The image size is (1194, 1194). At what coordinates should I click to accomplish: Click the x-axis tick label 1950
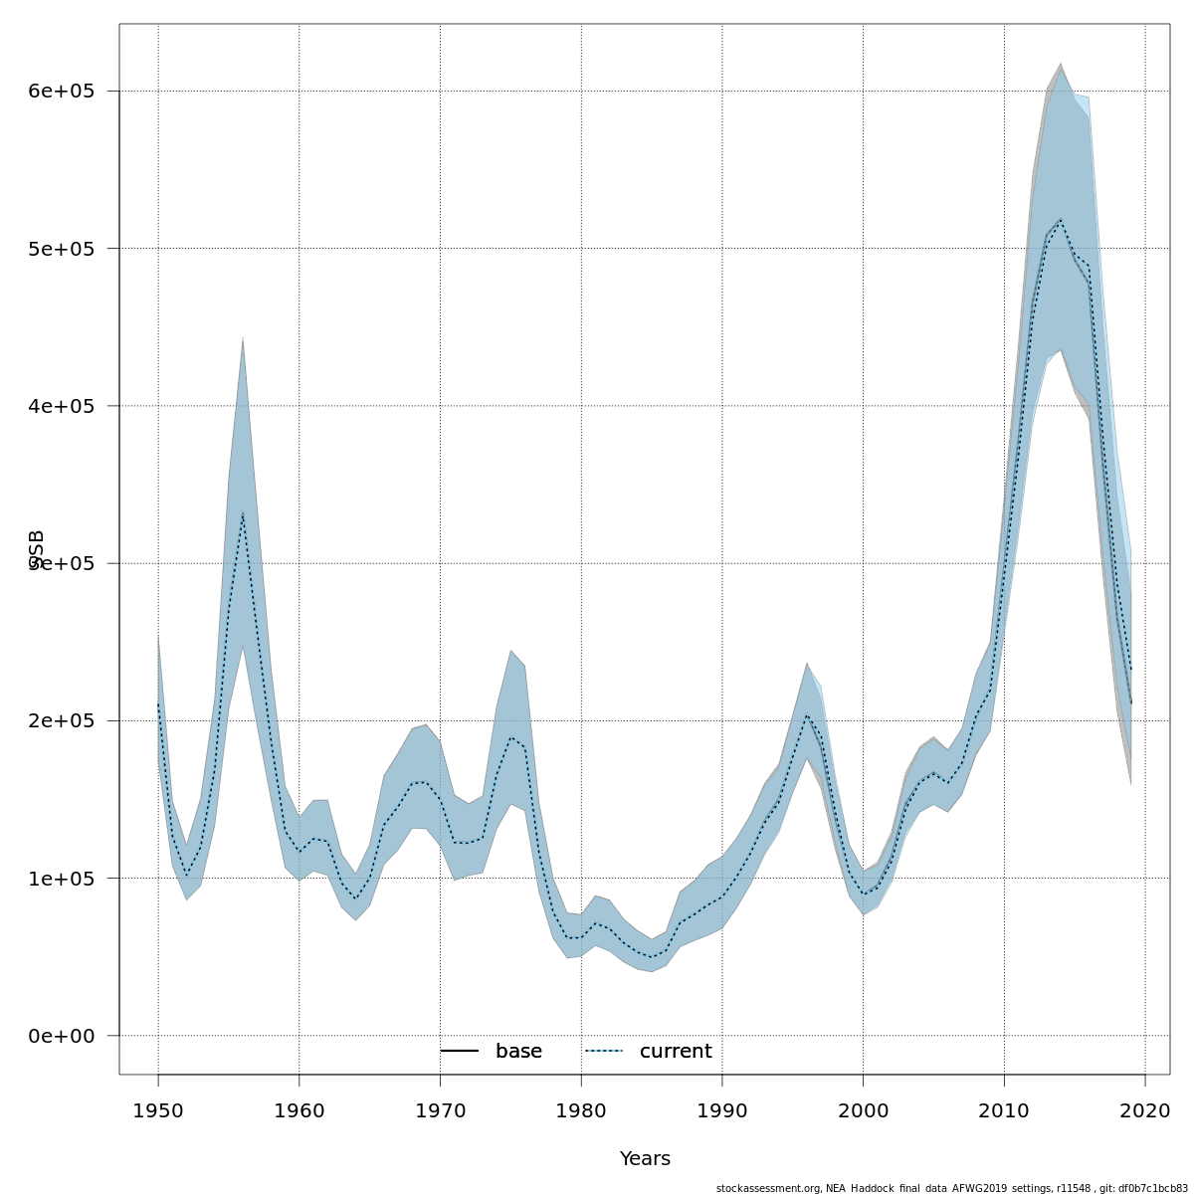tap(158, 1110)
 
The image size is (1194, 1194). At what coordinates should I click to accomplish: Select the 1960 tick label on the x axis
tap(299, 1110)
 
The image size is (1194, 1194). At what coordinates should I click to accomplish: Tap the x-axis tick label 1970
tap(440, 1110)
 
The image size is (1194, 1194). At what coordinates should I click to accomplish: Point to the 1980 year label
tap(581, 1110)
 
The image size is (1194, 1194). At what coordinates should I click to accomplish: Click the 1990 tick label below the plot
tap(722, 1110)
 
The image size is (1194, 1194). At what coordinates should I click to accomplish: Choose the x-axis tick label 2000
tap(863, 1110)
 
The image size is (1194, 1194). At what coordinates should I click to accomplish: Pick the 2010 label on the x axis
tap(1004, 1110)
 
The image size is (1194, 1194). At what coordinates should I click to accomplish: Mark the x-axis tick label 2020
tap(1145, 1110)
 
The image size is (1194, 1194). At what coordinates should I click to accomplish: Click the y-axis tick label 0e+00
tap(62, 1036)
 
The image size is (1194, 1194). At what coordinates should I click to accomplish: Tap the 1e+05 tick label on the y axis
tap(62, 879)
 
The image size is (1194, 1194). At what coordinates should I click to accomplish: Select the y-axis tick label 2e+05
tap(62, 720)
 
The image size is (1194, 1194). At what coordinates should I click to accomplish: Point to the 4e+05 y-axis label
tap(62, 406)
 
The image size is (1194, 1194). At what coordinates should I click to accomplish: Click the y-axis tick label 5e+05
tap(62, 249)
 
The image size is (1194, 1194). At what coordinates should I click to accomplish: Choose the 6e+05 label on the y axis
tap(62, 92)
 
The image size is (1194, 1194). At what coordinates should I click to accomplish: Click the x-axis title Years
tap(645, 1159)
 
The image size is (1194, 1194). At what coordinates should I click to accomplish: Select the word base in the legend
tap(518, 1052)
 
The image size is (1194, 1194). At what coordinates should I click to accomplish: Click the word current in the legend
tap(676, 1052)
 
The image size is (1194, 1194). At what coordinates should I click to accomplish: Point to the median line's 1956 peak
tap(243, 513)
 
